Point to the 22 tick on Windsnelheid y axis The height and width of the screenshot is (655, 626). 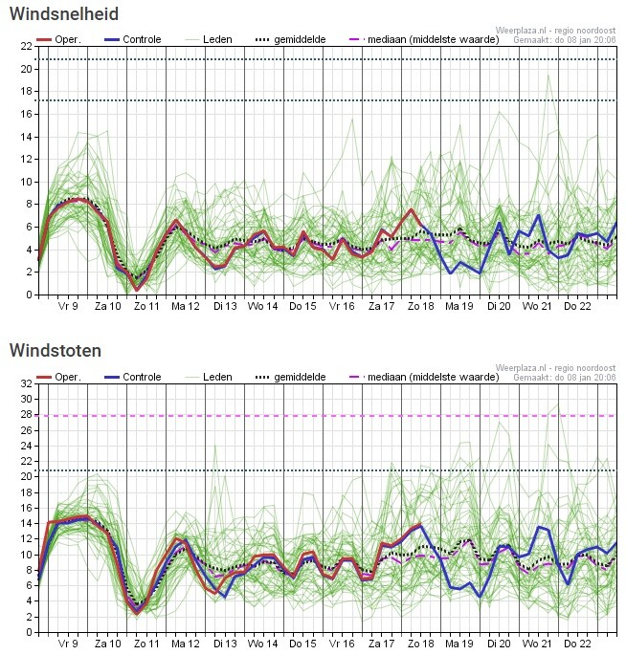coord(25,46)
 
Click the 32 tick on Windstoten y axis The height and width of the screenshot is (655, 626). coord(25,382)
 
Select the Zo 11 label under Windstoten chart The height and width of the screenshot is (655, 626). coord(146,644)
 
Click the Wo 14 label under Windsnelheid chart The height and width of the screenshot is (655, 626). coord(263,307)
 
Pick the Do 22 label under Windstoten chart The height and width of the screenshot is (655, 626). coord(577,644)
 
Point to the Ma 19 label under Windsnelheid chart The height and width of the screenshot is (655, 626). coord(459,307)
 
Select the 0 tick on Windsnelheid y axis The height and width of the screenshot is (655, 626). coord(28,295)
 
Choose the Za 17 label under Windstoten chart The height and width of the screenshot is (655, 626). coord(381,644)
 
